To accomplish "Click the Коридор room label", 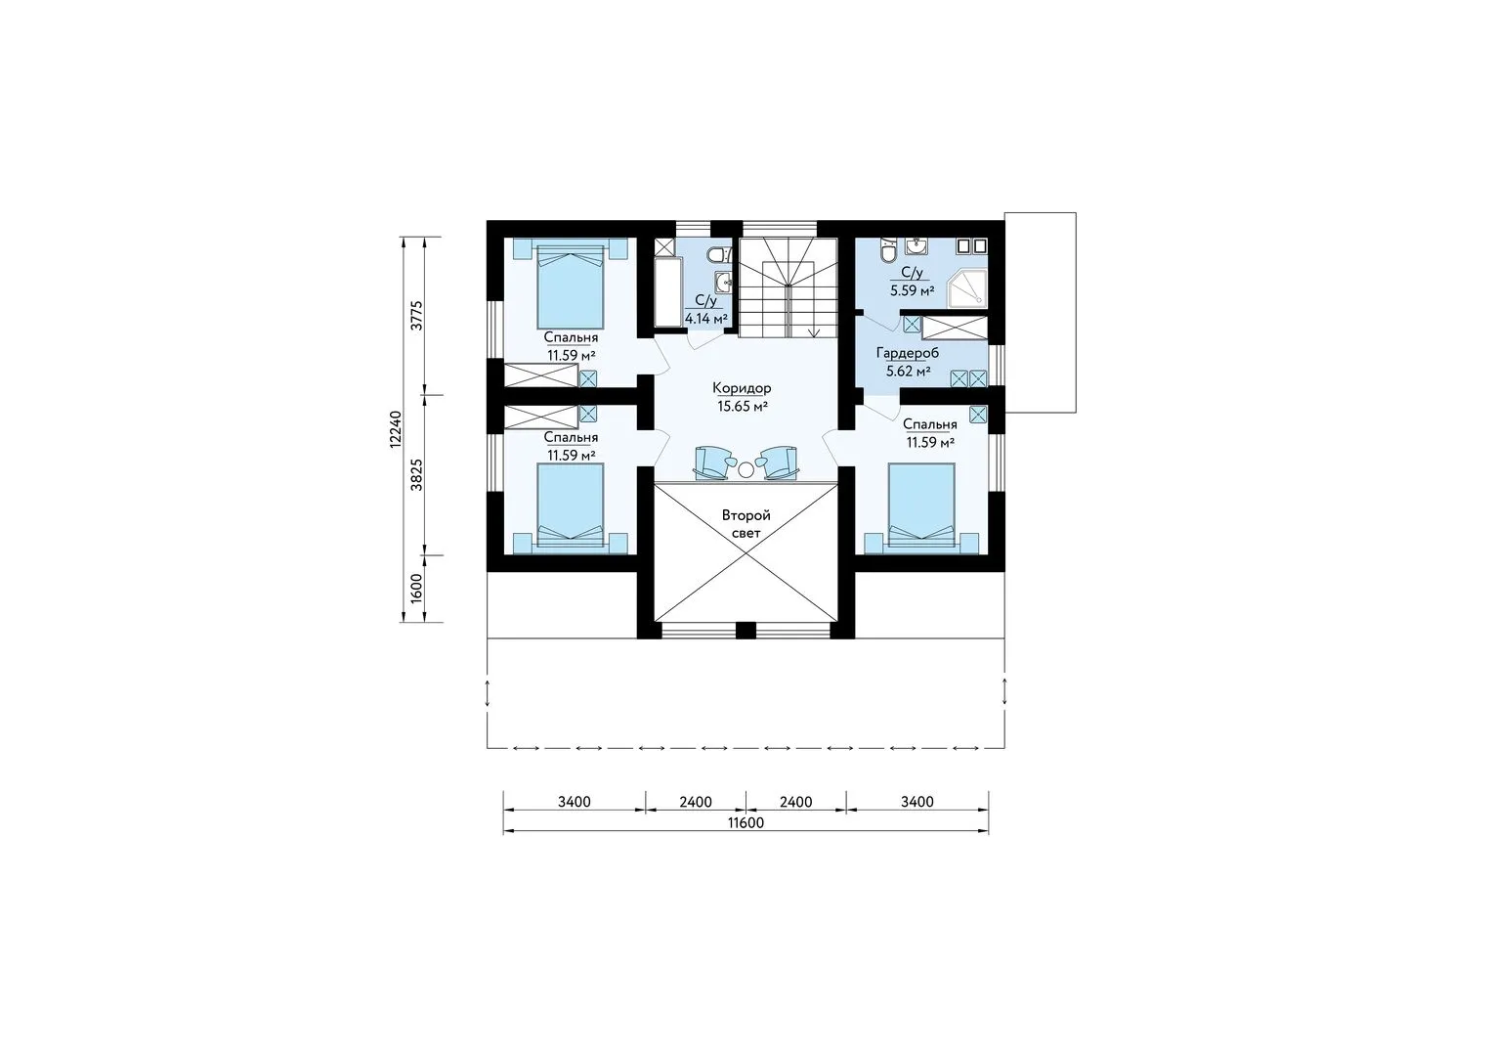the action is pos(742,388).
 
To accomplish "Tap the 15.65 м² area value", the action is pos(742,407).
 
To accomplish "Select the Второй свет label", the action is pos(746,524).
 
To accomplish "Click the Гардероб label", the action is pos(907,353).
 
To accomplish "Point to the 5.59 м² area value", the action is pos(912,290).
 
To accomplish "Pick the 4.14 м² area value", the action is pos(705,319).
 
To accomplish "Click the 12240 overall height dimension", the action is pos(395,429).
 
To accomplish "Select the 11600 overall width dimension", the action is pos(746,822).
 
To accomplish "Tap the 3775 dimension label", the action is pos(417,315).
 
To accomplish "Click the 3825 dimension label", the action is pos(417,475).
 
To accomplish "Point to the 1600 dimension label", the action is pos(417,589).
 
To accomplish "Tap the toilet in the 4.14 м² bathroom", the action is pos(718,254).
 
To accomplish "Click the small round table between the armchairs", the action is pos(746,470).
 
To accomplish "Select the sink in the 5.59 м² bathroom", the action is pos(917,245).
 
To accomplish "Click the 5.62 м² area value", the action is pos(908,372).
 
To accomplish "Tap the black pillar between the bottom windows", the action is pos(746,630).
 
